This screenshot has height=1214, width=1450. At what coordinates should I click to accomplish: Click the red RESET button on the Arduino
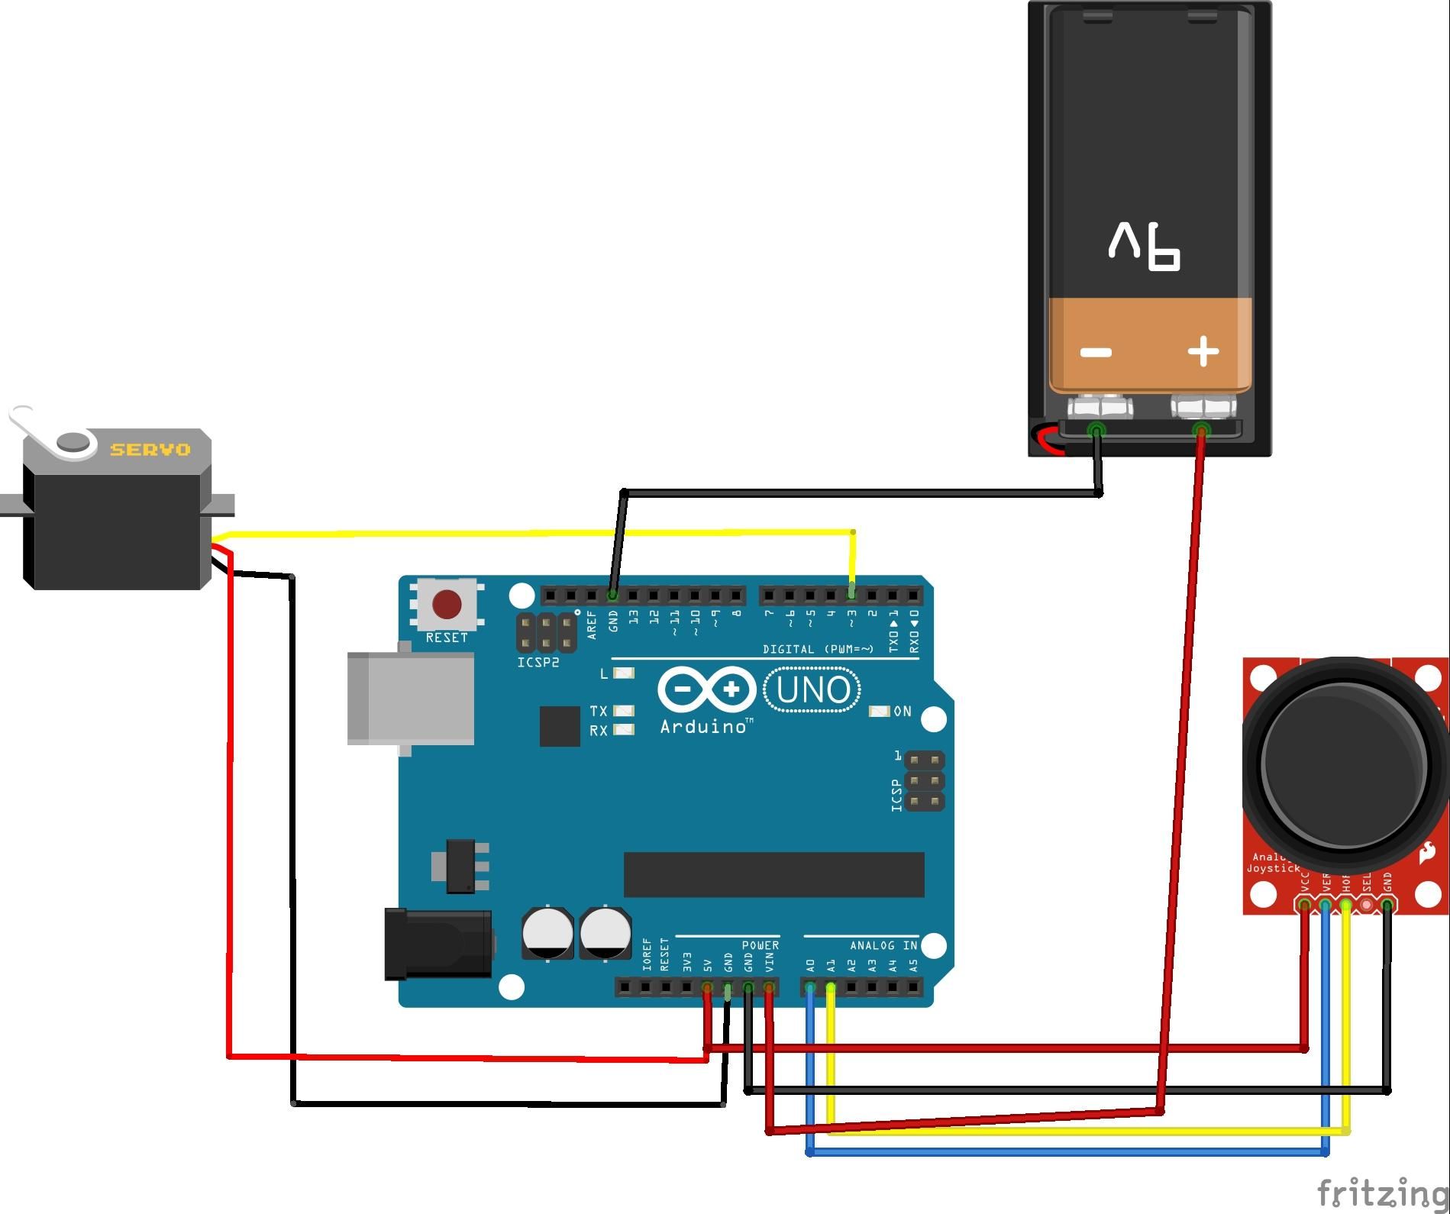447,605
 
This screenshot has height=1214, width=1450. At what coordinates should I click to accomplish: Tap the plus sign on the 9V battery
1203,352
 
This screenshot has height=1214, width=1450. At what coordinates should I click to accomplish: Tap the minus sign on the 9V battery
1096,353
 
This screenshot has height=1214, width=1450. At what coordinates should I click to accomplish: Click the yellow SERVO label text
150,450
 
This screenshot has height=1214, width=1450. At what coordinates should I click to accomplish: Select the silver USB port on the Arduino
411,698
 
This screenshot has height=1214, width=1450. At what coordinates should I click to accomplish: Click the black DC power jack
438,944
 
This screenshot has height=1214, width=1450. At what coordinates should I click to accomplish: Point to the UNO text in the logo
812,690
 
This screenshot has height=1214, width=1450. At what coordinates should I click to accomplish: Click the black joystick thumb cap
1344,764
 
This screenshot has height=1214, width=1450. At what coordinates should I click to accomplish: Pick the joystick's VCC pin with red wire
1304,906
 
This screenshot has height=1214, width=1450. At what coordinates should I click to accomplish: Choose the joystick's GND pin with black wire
1387,906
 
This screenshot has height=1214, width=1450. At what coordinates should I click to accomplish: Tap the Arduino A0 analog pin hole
810,988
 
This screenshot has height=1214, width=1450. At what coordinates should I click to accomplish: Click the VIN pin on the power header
769,988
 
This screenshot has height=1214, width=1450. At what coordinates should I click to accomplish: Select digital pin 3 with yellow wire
852,593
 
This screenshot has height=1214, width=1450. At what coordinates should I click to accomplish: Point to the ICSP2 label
538,663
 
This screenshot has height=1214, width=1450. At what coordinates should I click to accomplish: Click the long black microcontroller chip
773,875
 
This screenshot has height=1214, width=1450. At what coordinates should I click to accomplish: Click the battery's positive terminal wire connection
1201,431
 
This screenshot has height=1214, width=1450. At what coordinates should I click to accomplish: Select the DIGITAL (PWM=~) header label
818,650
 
